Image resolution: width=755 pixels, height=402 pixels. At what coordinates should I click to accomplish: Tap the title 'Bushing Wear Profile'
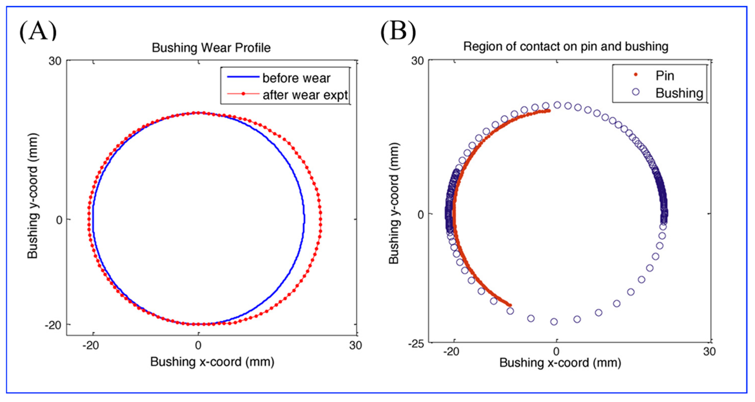pos(211,48)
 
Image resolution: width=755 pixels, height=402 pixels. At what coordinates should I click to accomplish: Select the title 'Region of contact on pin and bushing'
pos(566,47)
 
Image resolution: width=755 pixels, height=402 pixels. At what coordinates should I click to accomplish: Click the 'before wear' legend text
pos(296,78)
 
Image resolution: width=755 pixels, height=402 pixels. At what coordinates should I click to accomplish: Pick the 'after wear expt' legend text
pos(305,95)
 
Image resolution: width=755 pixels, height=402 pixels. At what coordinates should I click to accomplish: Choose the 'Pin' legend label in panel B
pos(665,76)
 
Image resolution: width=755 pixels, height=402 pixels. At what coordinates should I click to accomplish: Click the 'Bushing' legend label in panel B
pos(679,93)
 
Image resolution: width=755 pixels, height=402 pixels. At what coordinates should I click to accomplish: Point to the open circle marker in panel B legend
pos(636,92)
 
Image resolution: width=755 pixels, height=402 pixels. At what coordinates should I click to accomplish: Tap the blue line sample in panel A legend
pos(243,77)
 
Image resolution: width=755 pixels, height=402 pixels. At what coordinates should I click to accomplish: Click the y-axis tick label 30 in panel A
pos(55,61)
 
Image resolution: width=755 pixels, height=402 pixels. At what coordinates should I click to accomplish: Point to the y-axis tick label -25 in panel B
pos(415,344)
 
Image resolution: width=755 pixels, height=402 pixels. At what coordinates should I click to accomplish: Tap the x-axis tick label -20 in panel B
pos(451,352)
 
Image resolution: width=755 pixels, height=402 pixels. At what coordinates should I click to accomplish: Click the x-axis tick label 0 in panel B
pos(556,352)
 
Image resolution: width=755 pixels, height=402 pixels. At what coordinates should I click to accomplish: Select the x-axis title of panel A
pos(212,362)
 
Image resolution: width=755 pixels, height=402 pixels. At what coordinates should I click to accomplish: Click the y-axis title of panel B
pos(394,203)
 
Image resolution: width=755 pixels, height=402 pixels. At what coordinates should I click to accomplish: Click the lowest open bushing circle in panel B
pos(554,322)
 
